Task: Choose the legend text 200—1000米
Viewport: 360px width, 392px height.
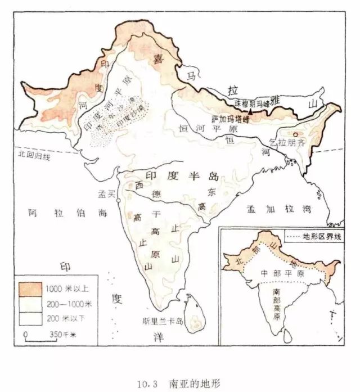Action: pos(66,304)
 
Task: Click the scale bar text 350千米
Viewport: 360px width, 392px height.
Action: pos(61,335)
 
